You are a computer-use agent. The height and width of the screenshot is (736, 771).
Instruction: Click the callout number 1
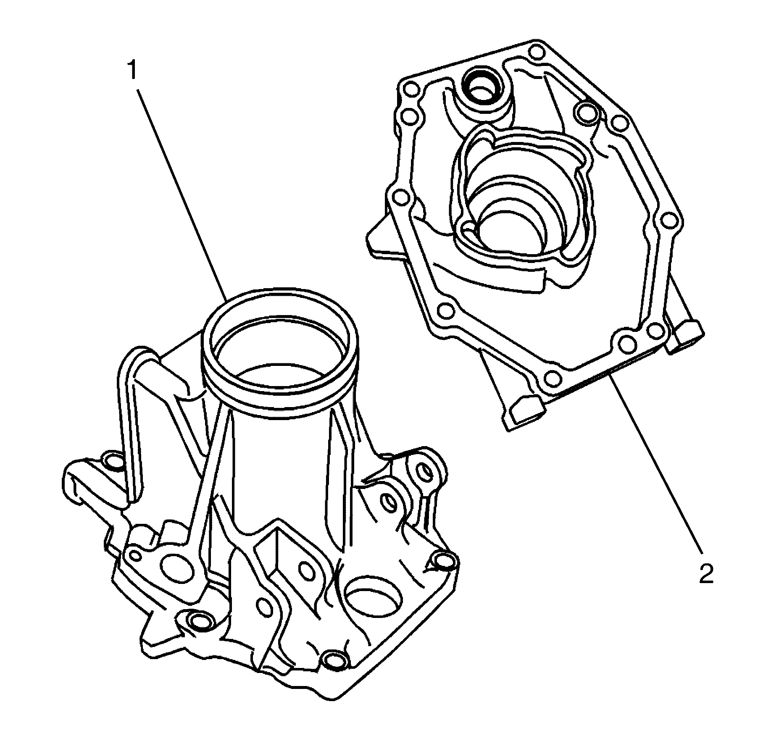point(132,71)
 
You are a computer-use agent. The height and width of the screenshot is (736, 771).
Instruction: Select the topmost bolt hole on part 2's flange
point(537,53)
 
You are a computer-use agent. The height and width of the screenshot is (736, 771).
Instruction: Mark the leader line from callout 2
point(655,471)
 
